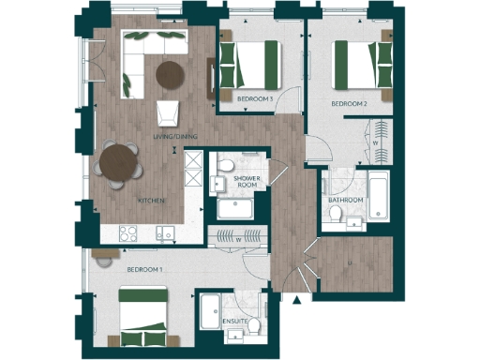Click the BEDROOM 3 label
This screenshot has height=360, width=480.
tap(255, 98)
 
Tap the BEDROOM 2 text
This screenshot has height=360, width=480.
tap(348, 104)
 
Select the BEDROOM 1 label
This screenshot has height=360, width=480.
tap(144, 270)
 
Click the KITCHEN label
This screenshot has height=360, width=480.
tap(152, 201)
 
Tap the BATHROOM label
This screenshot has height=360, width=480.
tap(345, 200)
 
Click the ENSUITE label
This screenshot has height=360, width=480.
tap(235, 322)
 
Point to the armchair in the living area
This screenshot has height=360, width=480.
tap(169, 112)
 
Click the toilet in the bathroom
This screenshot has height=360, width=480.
tap(336, 217)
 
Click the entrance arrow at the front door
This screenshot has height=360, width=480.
tap(297, 301)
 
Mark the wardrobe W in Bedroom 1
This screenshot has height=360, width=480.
tap(235, 238)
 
